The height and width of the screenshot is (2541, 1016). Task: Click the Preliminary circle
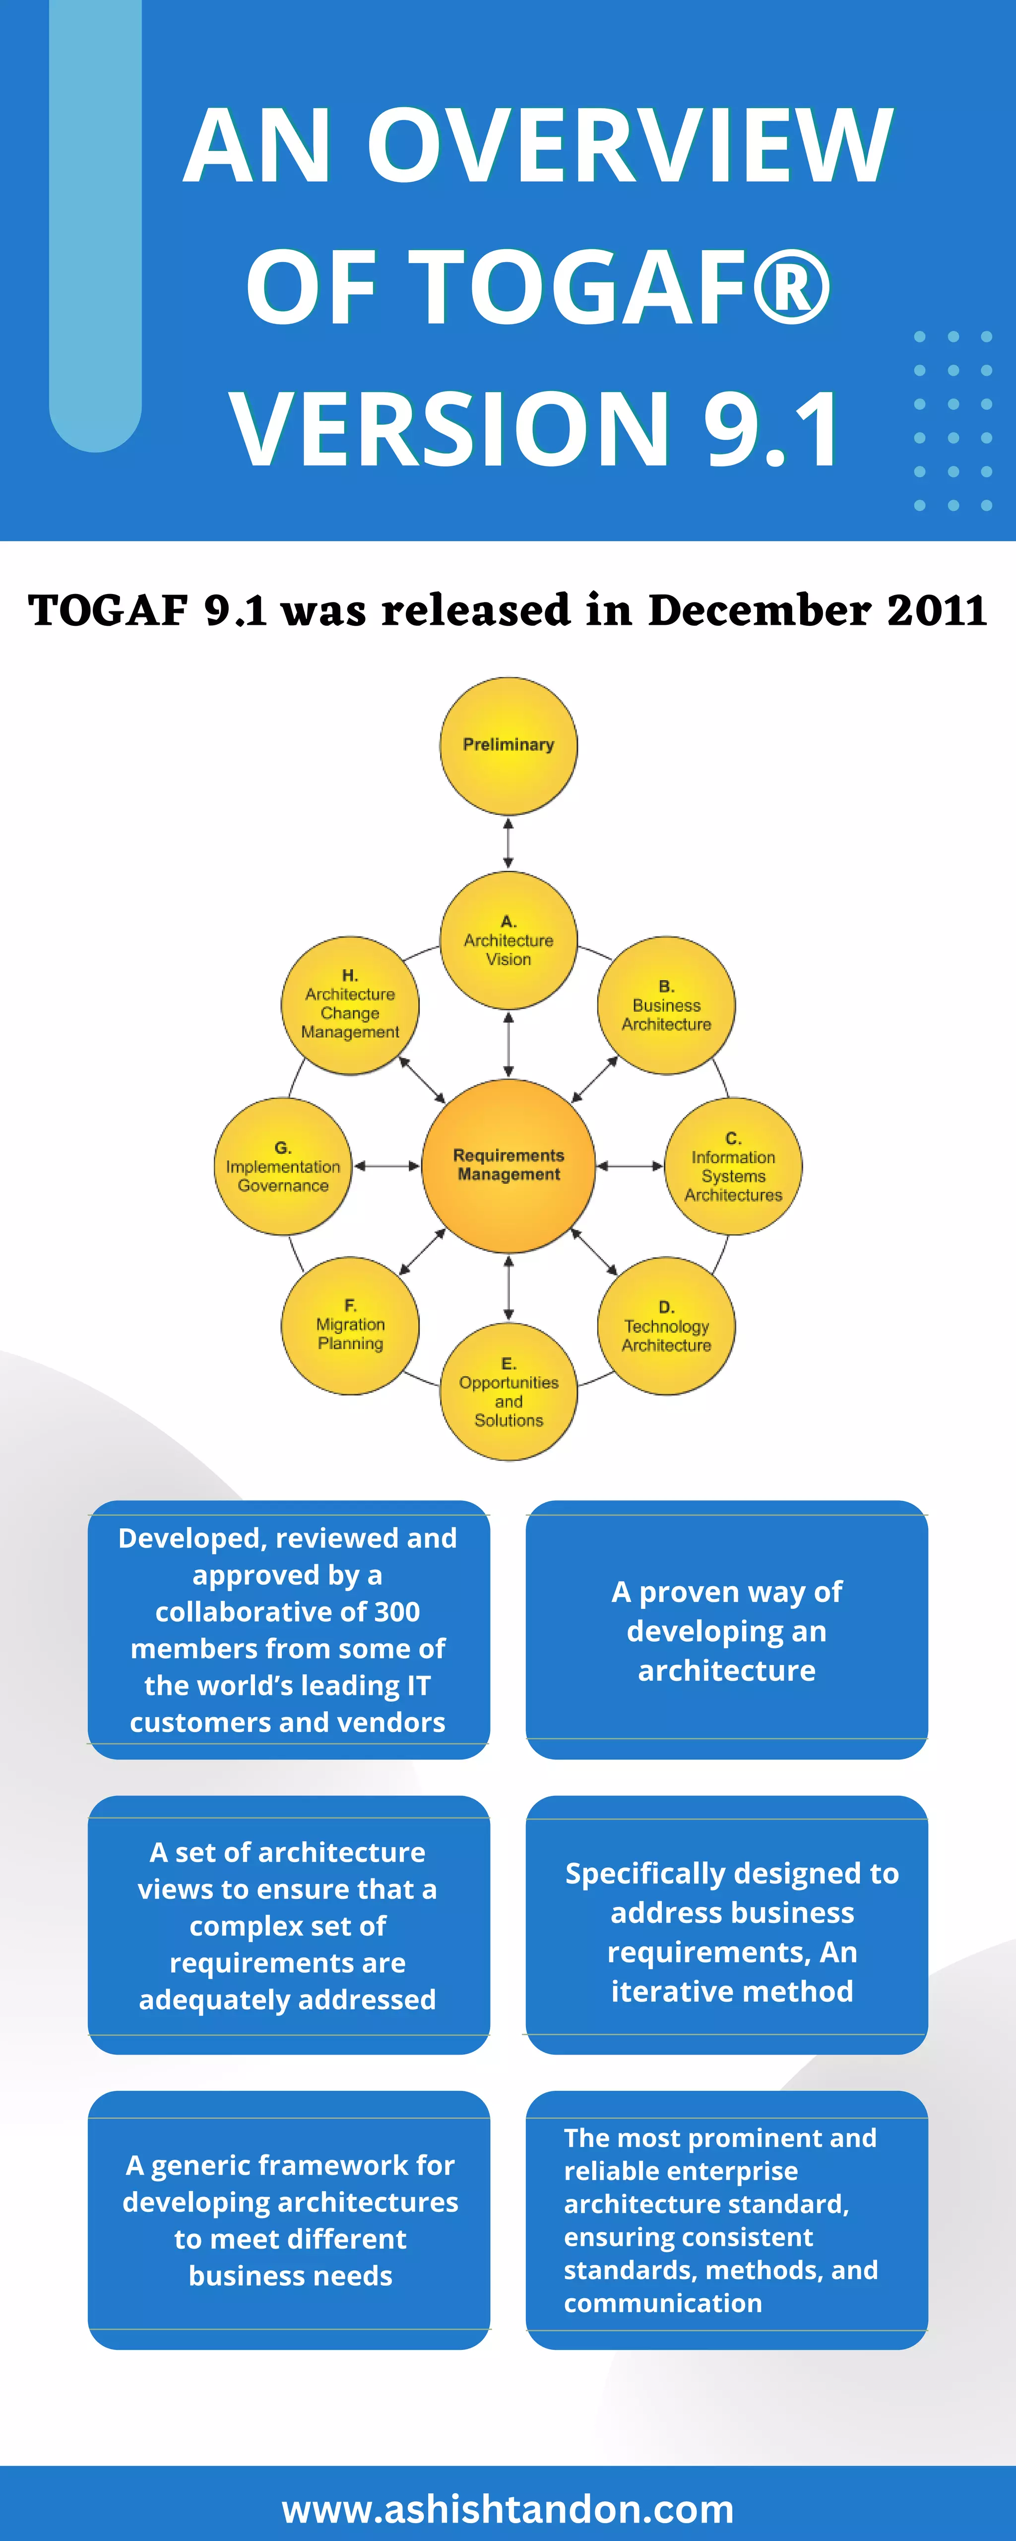(508, 746)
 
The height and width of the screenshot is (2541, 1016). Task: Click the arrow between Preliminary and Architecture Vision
(508, 842)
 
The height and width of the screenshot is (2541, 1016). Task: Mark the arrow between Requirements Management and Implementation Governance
(386, 1166)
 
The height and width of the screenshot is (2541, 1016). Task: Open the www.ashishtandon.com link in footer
(508, 2508)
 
